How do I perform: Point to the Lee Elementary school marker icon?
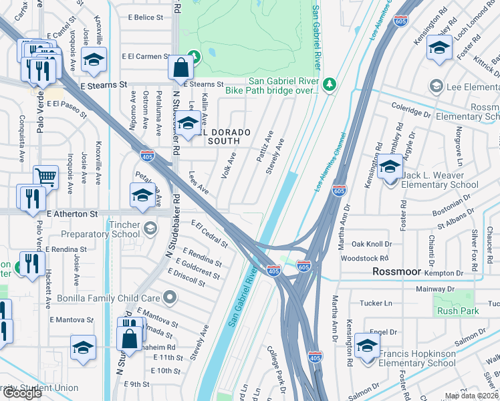point(436,86)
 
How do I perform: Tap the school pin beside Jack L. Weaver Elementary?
point(390,167)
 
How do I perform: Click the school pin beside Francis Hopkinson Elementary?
point(367,346)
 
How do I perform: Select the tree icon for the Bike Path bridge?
point(328,84)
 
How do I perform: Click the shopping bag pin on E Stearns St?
point(181,68)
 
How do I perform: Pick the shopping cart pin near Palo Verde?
point(45,177)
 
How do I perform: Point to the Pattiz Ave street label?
point(261,142)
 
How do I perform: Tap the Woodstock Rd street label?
point(364,258)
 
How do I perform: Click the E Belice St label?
point(145,17)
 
